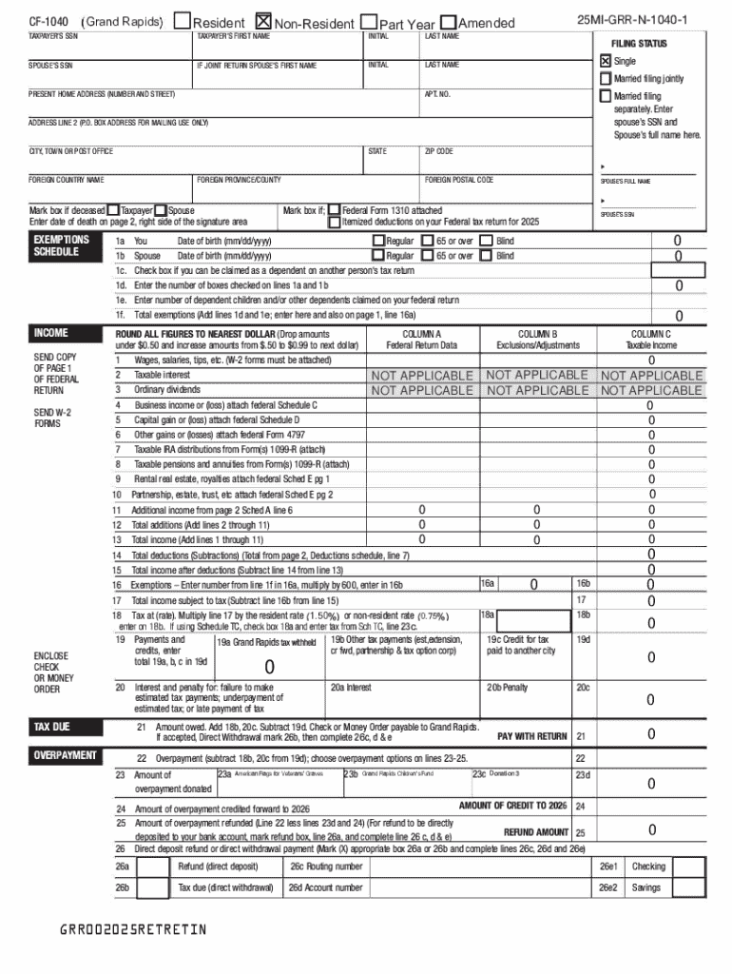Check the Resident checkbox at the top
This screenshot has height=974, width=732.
[x=182, y=22]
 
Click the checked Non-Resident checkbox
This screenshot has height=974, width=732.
[x=263, y=22]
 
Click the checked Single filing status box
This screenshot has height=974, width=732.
[x=605, y=60]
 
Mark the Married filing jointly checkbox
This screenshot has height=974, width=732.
[x=605, y=78]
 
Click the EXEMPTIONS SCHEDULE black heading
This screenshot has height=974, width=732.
[x=62, y=245]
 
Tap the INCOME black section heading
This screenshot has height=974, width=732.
[x=51, y=333]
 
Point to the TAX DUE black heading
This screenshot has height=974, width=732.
[x=52, y=727]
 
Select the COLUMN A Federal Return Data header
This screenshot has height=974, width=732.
[x=421, y=339]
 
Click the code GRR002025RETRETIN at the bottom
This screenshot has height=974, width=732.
[x=132, y=928]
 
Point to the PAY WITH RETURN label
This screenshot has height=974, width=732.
[x=532, y=736]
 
